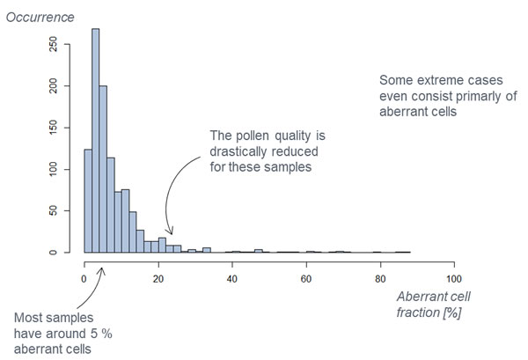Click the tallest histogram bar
tap(95, 141)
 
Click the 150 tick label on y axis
tap(55, 128)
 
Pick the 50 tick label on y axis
tap(55, 211)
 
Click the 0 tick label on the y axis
tap(55, 253)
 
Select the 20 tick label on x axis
tap(158, 279)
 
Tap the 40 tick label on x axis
tap(231, 279)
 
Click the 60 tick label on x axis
tap(305, 279)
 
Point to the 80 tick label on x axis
tap(379, 279)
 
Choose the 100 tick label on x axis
tap(453, 279)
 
